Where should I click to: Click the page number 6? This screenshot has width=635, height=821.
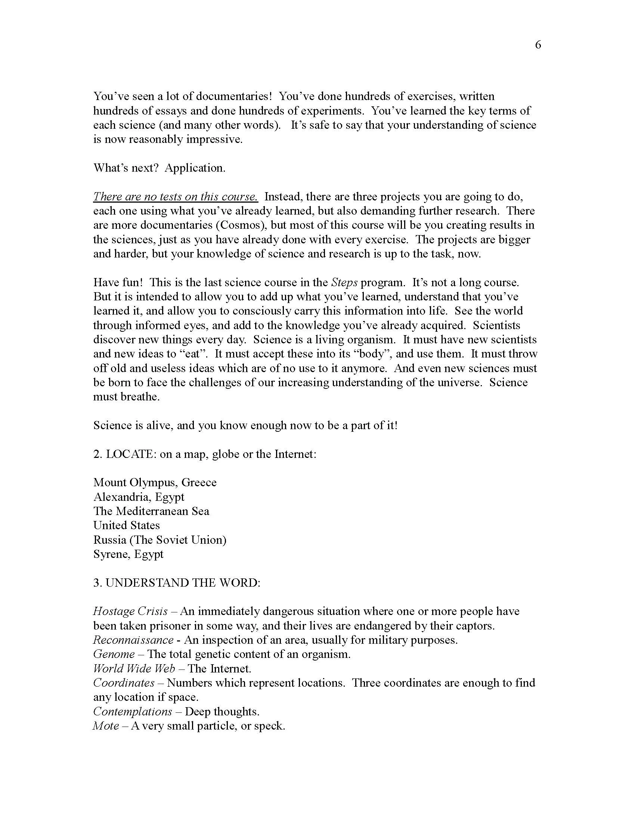(x=538, y=45)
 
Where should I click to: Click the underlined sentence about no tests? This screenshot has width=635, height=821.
(x=175, y=197)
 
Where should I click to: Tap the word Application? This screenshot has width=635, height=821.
(x=195, y=168)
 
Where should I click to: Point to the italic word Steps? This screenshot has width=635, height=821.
(x=344, y=282)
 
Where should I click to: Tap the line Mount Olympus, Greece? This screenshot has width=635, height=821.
(x=155, y=483)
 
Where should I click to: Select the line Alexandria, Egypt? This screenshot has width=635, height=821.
(x=139, y=497)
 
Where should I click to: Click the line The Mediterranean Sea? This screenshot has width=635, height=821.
(x=151, y=511)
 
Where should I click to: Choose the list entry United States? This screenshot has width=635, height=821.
(x=126, y=525)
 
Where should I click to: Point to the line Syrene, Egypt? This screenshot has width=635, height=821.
(x=128, y=554)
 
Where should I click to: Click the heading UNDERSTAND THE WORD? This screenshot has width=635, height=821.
(x=177, y=583)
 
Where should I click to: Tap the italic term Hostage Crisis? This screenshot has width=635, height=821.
(x=130, y=612)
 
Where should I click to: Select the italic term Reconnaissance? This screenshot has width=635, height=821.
(x=133, y=640)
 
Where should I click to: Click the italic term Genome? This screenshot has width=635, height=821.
(x=114, y=655)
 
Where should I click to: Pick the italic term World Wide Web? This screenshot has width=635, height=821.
(x=134, y=669)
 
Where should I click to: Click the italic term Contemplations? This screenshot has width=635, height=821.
(x=133, y=712)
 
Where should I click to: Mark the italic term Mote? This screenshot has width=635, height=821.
(x=106, y=726)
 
